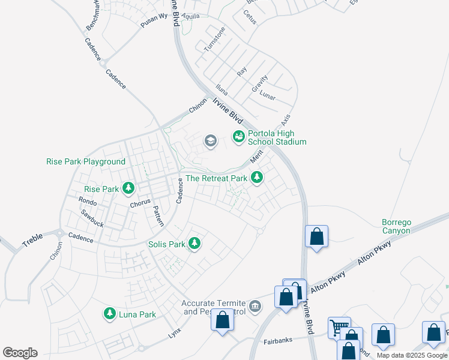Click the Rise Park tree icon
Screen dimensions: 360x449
pos(128,189)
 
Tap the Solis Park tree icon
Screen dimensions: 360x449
pos(194,244)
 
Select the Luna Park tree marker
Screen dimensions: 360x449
pos(109,313)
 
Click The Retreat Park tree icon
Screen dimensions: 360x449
pos(257,177)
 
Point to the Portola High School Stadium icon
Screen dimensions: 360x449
pos(239,137)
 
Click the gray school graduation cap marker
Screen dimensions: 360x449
pos(210,141)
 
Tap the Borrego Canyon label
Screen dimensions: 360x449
pos(396,226)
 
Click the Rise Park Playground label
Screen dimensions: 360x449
pos(86,161)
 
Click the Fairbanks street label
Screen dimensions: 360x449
pos(278,341)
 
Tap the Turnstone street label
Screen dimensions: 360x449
pos(214,38)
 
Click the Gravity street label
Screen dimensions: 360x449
pos(260,83)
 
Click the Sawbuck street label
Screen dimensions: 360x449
pos(92,219)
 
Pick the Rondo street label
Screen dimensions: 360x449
pos(88,202)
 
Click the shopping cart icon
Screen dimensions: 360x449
pos(339,328)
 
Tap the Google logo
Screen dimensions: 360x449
pos(20,353)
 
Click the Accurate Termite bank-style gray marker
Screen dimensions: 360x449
pos(255,307)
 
